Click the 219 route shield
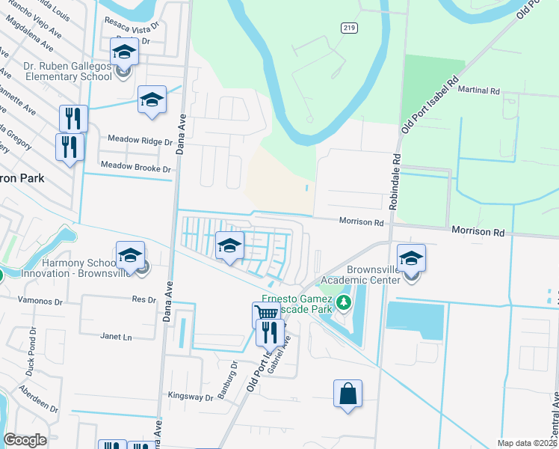pyautogui.click(x=350, y=28)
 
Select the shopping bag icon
pyautogui.click(x=348, y=393)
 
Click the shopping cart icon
pyautogui.click(x=265, y=314)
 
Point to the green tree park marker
pyautogui.click(x=343, y=303)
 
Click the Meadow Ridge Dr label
pyautogui.click(x=140, y=140)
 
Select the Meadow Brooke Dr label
pyautogui.click(x=135, y=169)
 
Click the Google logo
pyautogui.click(x=25, y=440)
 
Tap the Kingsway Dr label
pyautogui.click(x=191, y=396)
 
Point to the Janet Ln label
pyautogui.click(x=116, y=337)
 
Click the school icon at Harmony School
pyautogui.click(x=130, y=255)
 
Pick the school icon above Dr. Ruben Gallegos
pyautogui.click(x=124, y=52)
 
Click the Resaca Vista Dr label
pyautogui.click(x=134, y=22)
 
